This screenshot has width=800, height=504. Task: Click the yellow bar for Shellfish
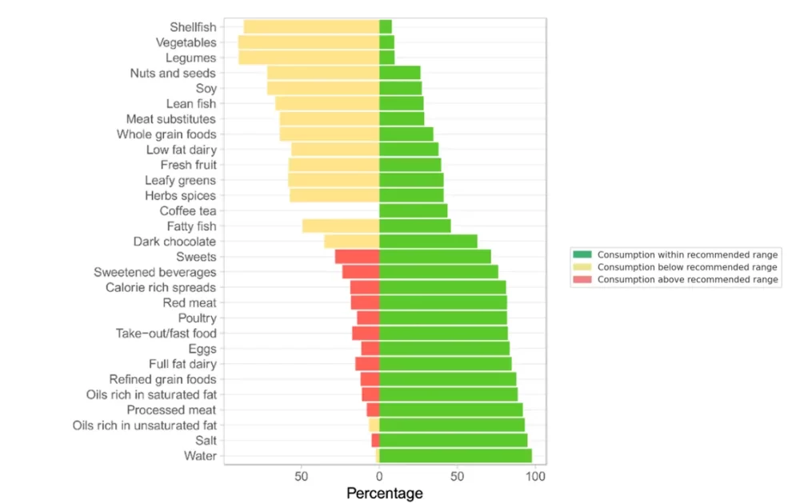click(x=310, y=27)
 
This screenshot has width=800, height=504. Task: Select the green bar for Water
click(x=455, y=455)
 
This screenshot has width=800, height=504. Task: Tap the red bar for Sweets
click(x=357, y=257)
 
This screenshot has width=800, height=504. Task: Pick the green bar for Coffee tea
click(x=413, y=211)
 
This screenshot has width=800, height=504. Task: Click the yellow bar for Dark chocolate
click(x=351, y=242)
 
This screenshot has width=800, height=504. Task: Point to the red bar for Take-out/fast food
click(x=366, y=333)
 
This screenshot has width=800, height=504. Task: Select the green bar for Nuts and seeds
click(x=399, y=74)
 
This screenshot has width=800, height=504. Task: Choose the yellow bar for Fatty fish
click(x=340, y=226)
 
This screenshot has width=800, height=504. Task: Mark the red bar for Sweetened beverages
click(x=360, y=272)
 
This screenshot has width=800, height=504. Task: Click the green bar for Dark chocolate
click(x=428, y=242)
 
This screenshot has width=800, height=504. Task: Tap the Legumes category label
click(x=190, y=58)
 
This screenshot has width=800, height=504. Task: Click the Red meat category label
click(x=189, y=302)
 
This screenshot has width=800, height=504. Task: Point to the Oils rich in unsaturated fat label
click(x=144, y=425)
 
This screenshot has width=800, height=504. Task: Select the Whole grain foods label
click(x=166, y=134)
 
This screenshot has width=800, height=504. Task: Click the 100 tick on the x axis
click(x=535, y=477)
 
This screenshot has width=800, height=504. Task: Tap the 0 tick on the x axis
click(x=379, y=477)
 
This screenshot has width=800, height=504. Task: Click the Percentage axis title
click(x=384, y=494)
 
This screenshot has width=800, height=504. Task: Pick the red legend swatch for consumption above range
click(x=582, y=279)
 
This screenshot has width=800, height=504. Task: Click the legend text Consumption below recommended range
click(x=687, y=267)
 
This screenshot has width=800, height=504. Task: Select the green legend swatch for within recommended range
click(x=582, y=254)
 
